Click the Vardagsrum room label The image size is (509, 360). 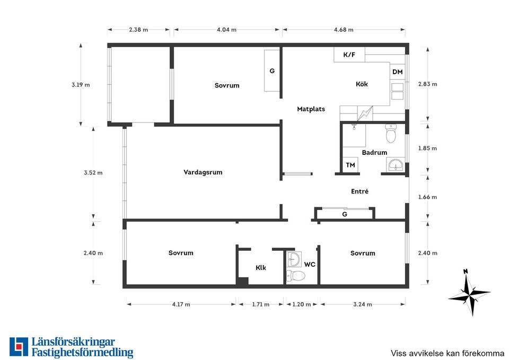point(203,172)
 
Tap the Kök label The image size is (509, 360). point(362,84)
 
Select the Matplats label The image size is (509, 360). point(311,109)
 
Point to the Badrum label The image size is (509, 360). point(374,152)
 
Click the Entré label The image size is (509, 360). point(359,191)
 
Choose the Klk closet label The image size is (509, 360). point(261,268)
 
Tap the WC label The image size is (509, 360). point(310,265)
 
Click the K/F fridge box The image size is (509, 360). point(349,55)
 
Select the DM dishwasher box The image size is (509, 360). point(397,72)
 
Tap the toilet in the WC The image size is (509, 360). point(295,276)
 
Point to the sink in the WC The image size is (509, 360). point(294,259)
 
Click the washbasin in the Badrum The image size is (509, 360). point(396,164)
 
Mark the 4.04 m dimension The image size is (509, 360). point(226,30)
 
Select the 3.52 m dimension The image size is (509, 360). point(93,173)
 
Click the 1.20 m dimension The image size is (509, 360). point(302,304)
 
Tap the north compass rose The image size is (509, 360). point(469,293)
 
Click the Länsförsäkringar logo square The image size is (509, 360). point(19,347)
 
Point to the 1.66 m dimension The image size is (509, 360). point(427,197)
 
